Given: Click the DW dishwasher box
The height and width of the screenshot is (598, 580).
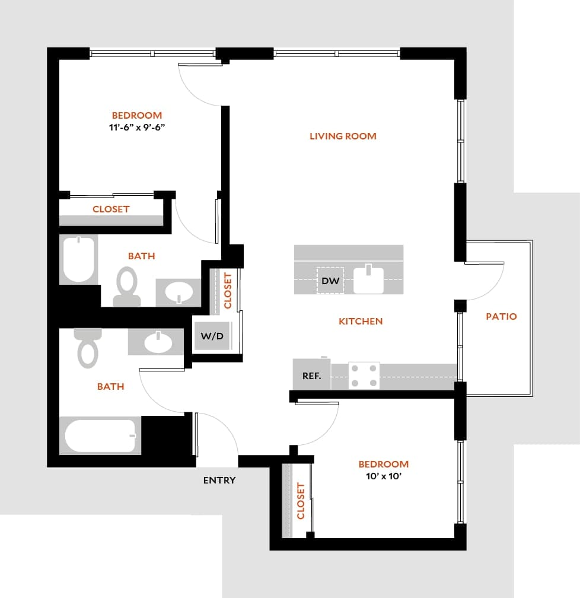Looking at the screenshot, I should coord(330,280).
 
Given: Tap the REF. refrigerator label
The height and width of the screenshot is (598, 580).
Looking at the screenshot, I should coord(312,376).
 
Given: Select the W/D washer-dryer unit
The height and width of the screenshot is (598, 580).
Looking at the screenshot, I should coord(212,336).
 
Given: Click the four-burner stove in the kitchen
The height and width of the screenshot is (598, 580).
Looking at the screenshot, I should coord(364,376).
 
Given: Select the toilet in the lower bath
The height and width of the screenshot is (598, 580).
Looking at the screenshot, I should coord(88,348).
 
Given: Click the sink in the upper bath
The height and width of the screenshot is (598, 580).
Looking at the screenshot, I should coord(179,292).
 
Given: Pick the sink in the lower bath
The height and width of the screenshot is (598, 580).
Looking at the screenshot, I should coord(157,342).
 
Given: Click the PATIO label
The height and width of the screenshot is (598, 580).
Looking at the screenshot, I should coord(501,316).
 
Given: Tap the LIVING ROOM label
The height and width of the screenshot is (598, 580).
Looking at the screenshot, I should coord(343,136).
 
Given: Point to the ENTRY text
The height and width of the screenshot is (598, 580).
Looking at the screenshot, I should coord(219,480).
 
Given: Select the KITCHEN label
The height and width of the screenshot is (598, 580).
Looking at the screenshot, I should coord(361,321).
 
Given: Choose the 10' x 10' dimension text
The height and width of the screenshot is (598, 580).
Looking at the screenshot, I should coord(384,476).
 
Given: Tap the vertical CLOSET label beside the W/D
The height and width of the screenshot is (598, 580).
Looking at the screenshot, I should coord(227,291).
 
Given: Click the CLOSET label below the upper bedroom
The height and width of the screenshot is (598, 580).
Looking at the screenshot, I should coord(111,209).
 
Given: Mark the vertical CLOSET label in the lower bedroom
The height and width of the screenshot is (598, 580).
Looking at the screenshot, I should coord(301,501).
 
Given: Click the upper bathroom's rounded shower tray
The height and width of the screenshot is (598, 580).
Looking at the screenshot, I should coord(79,259).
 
